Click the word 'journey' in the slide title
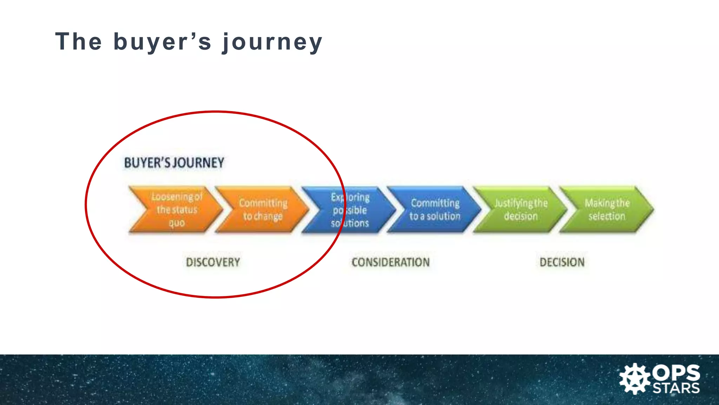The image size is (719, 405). [272, 42]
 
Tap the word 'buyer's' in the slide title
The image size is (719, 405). [162, 42]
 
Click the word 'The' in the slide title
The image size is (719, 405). [79, 41]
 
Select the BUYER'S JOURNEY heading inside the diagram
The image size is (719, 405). [174, 163]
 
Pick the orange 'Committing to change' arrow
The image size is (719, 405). [263, 210]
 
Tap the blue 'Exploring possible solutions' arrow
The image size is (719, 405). [350, 210]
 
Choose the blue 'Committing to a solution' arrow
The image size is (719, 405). [435, 210]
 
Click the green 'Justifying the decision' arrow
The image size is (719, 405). [521, 210]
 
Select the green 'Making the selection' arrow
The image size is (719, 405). [607, 210]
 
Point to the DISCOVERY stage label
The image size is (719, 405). [213, 262]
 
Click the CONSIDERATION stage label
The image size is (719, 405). [390, 262]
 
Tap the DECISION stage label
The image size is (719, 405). [562, 262]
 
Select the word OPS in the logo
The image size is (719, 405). [676, 373]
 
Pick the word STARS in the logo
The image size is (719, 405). [676, 388]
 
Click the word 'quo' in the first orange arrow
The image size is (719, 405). [177, 223]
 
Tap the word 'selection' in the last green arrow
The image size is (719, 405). [607, 216]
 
